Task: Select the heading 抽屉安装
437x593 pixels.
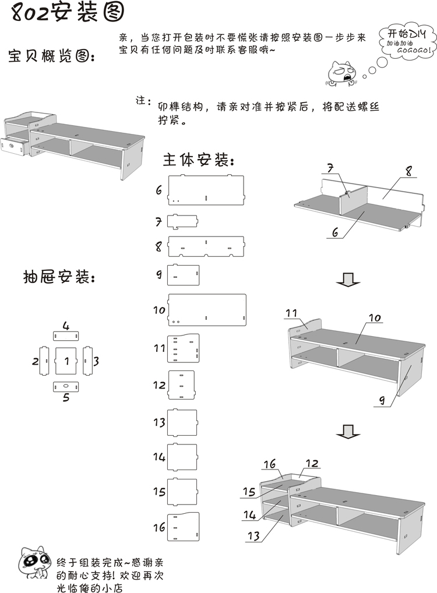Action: pyautogui.click(x=58, y=277)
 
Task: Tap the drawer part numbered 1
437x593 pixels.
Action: pyautogui.click(x=67, y=361)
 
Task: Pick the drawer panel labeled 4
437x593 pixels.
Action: pyautogui.click(x=66, y=336)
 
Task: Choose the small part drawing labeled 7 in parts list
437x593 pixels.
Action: pyautogui.click(x=183, y=221)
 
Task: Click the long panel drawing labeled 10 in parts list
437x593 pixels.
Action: pyautogui.click(x=207, y=309)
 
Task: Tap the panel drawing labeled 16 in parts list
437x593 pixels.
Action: pyautogui.click(x=184, y=528)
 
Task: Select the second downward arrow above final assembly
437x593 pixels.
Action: pyautogui.click(x=348, y=432)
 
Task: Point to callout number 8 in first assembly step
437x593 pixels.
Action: pyautogui.click(x=408, y=171)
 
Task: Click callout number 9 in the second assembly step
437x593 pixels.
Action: pyautogui.click(x=381, y=401)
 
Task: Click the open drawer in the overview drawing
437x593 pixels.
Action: pyautogui.click(x=14, y=145)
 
